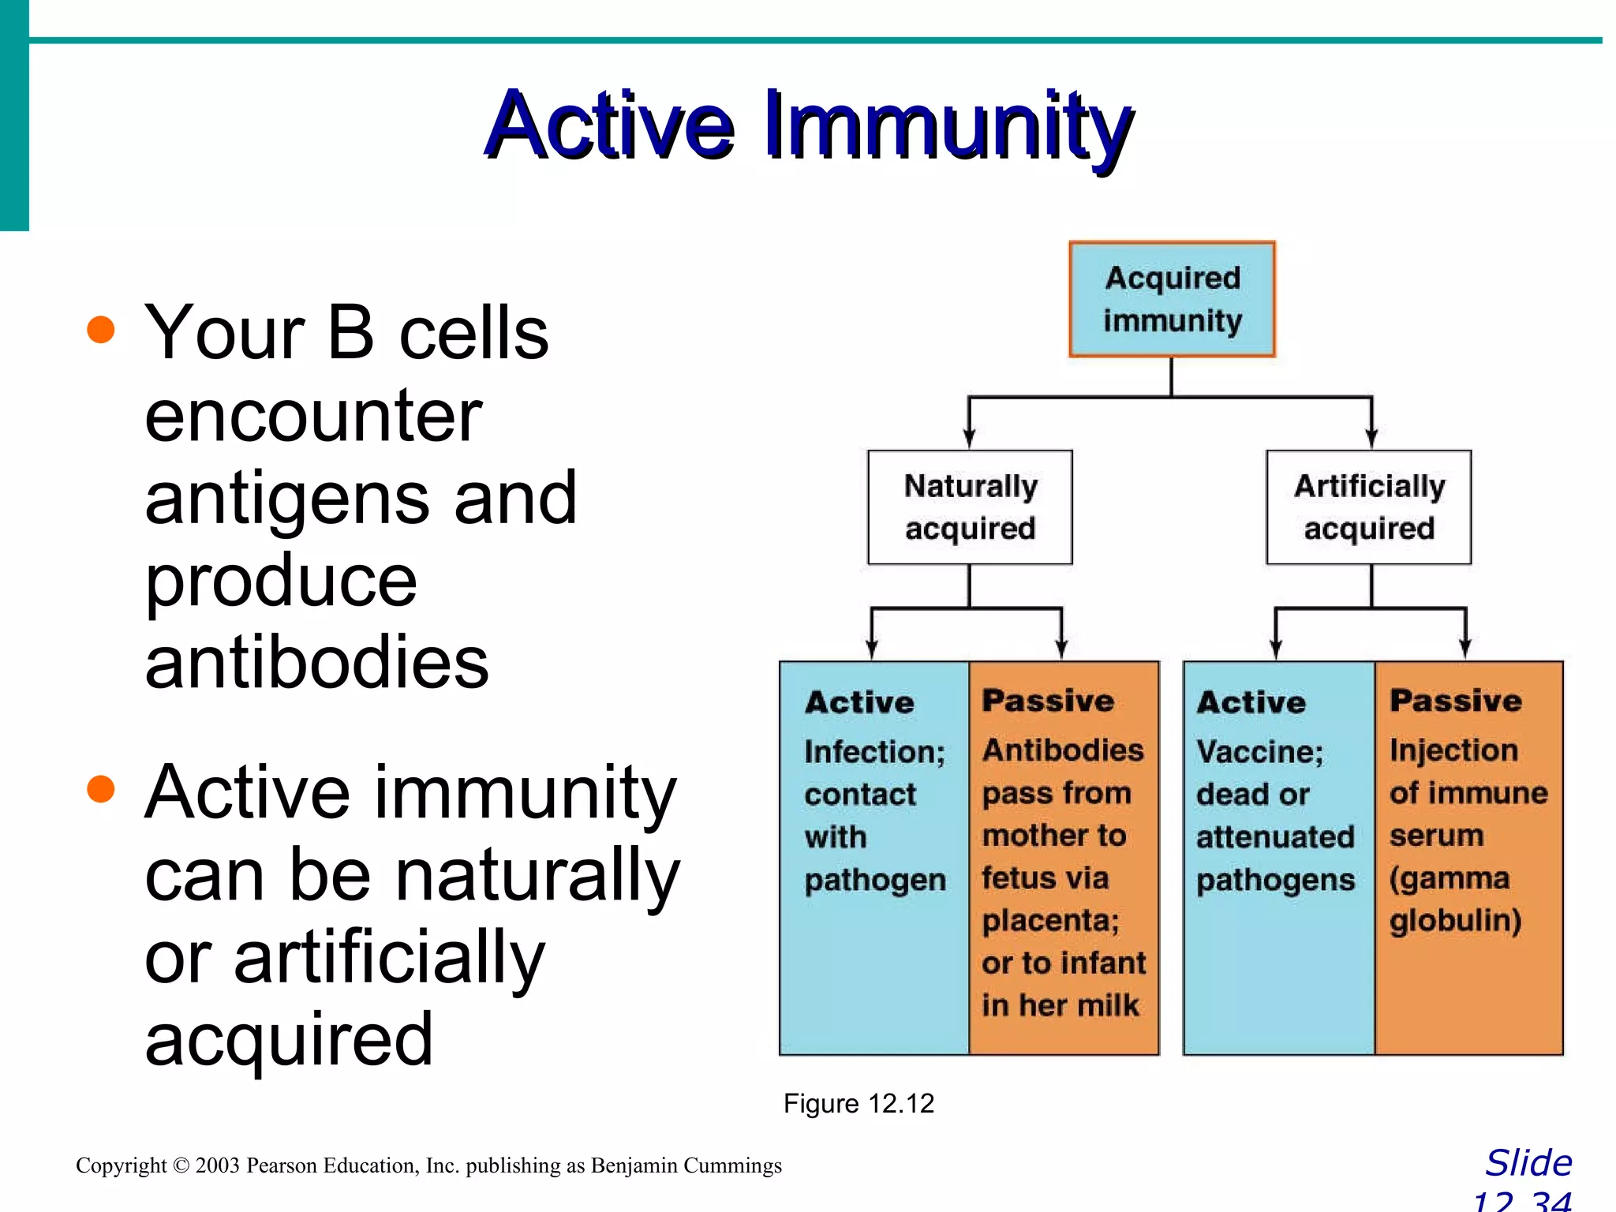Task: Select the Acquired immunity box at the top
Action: (x=1172, y=299)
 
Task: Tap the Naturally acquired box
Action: (x=970, y=507)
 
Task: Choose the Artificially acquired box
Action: (x=1369, y=507)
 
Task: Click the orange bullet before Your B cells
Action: (x=101, y=329)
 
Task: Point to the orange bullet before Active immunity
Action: (x=101, y=788)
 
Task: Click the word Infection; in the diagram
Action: (x=874, y=751)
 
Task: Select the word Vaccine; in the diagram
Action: (x=1259, y=751)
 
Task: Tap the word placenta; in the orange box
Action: (x=1050, y=921)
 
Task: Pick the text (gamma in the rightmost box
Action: (x=1450, y=878)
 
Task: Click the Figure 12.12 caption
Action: (x=858, y=1103)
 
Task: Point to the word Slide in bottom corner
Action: (x=1528, y=1163)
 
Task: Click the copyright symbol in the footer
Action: (x=181, y=1165)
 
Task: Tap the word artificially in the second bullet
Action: (x=389, y=957)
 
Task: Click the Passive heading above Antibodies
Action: (x=1048, y=701)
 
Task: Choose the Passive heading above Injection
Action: (x=1456, y=701)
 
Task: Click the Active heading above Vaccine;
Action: (x=1251, y=702)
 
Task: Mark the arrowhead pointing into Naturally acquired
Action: (x=970, y=440)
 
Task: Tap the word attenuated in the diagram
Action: (x=1275, y=836)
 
